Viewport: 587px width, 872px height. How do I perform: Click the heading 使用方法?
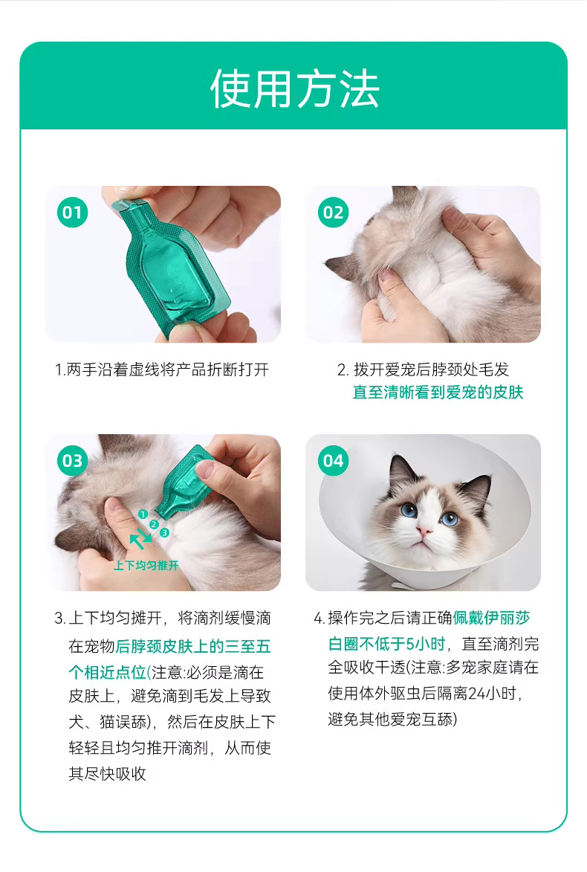pos(294,89)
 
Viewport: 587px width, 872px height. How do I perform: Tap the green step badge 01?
pos(72,212)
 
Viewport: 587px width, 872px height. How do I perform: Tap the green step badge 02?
pos(333,212)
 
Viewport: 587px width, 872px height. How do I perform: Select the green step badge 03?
pos(72,460)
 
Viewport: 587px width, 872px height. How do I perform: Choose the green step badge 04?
pos(333,460)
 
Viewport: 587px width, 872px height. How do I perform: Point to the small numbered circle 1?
pos(143,514)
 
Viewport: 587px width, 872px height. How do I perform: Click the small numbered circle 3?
pos(164,533)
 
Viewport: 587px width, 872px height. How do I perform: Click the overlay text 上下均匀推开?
pos(146,566)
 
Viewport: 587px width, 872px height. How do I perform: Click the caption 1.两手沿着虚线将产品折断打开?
pos(162,369)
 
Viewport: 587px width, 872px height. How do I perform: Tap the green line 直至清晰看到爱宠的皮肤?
pos(438,392)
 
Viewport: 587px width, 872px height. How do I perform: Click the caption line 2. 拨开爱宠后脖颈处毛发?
pos(423,369)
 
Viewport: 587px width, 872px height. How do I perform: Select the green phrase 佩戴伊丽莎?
pos(491,618)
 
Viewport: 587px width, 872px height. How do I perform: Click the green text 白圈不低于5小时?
pos(386,644)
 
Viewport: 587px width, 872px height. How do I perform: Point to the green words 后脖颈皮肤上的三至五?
pos(193,646)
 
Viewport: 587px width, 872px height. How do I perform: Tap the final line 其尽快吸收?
pos(107,774)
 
